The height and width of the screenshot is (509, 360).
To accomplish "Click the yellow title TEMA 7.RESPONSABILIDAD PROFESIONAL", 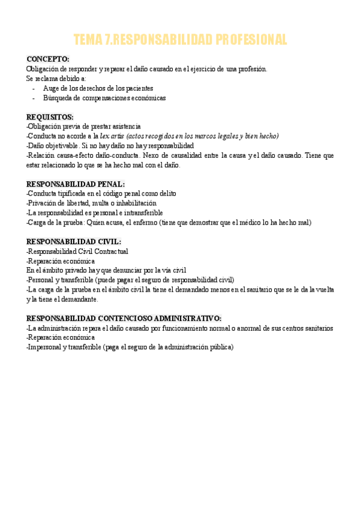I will click(x=180, y=40).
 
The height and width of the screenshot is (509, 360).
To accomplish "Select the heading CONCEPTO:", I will click(x=48, y=59).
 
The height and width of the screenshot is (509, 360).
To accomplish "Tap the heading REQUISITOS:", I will click(x=50, y=116).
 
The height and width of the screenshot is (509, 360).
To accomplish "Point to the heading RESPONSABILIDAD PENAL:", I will click(x=76, y=184).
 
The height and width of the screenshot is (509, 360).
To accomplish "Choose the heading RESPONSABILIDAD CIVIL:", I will click(x=74, y=242).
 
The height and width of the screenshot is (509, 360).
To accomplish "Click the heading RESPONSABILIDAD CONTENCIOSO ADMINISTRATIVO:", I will click(x=124, y=318).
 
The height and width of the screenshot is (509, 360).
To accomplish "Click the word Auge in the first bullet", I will click(x=50, y=88).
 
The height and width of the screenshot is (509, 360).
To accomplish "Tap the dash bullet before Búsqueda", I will click(x=34, y=98).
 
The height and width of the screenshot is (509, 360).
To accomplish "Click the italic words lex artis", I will click(x=112, y=136).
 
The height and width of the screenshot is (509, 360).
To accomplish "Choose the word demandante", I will click(x=79, y=299).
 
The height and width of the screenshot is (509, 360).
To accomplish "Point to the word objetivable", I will click(x=61, y=146).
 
